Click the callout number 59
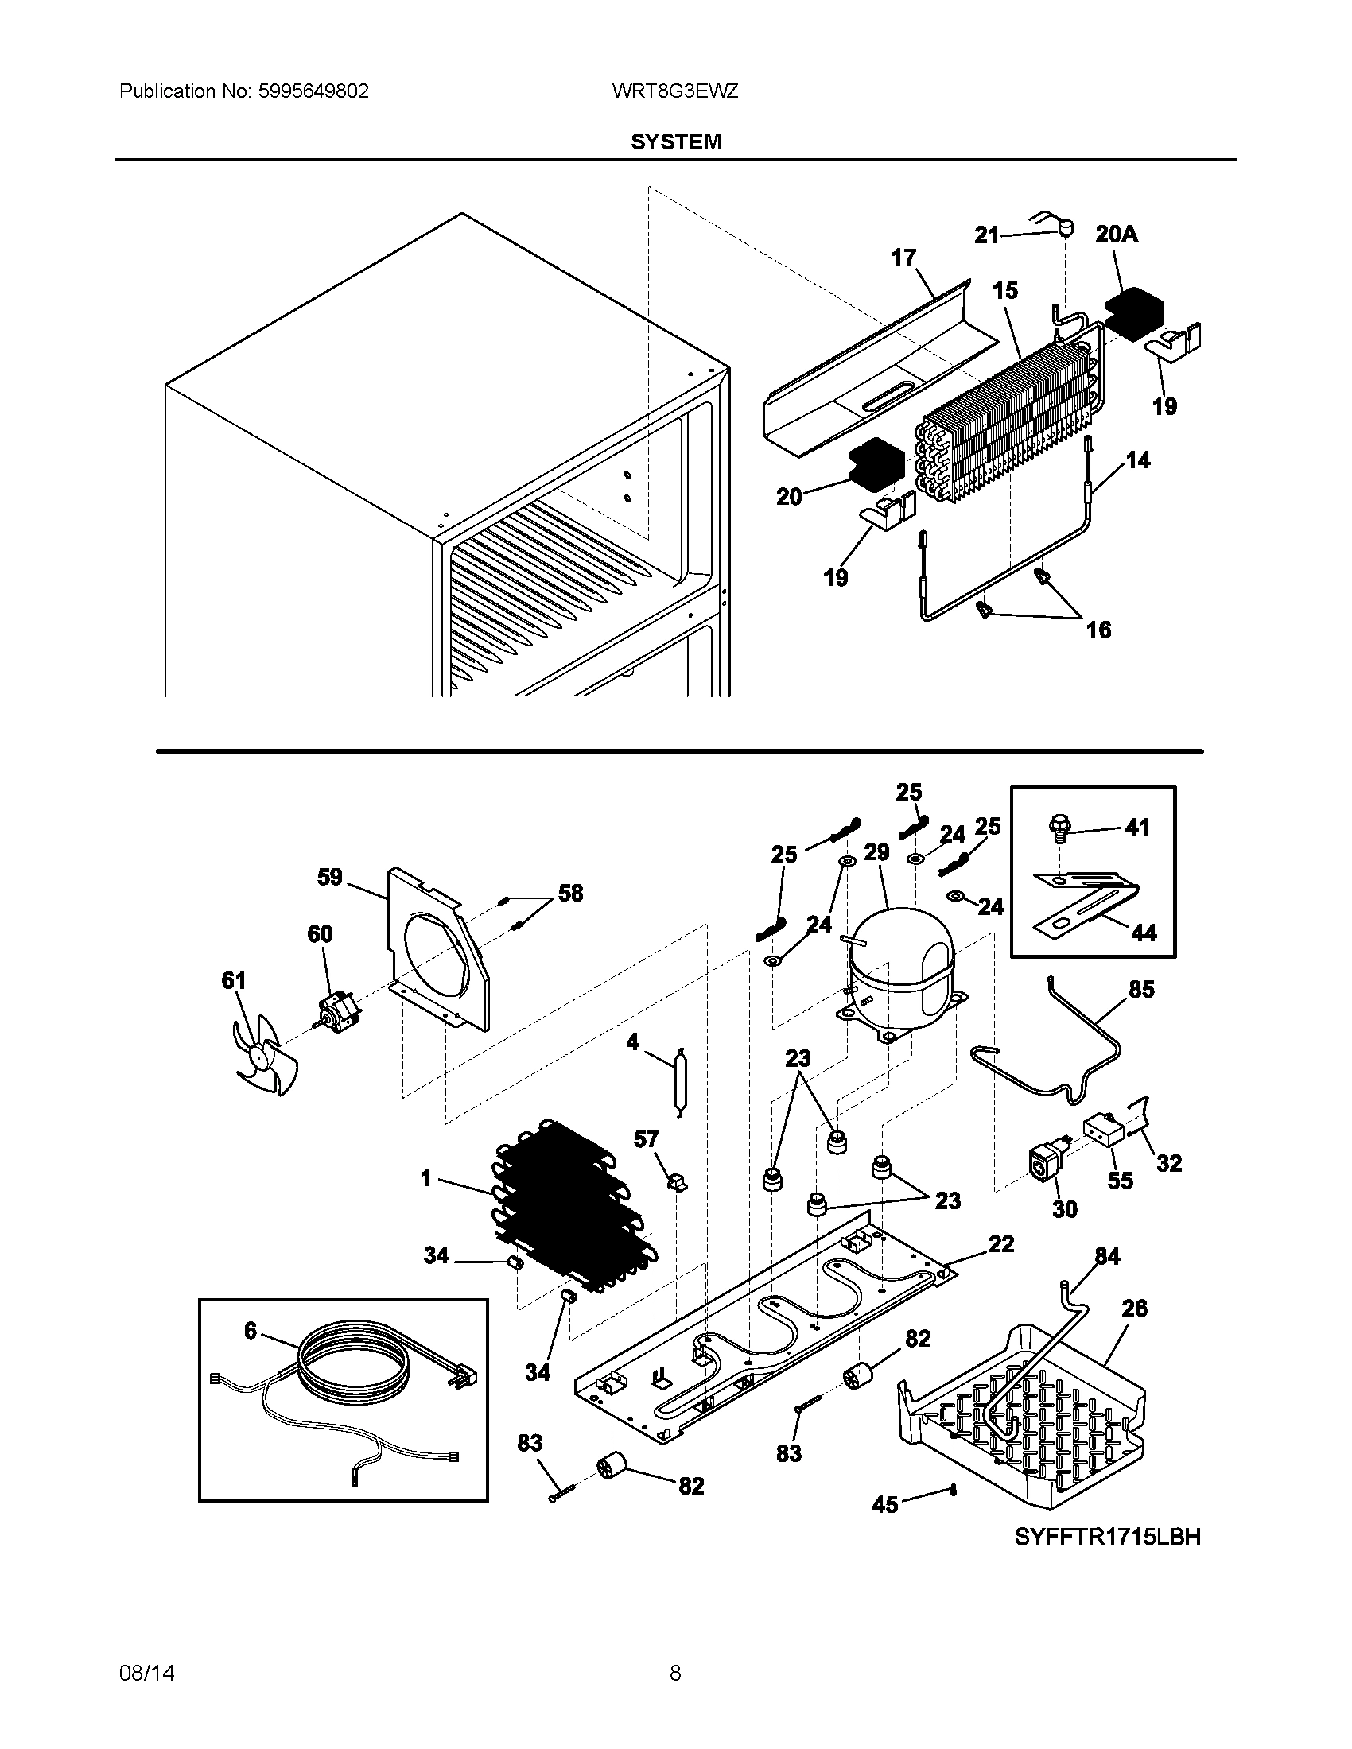pos(330,877)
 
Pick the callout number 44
pos(1144,933)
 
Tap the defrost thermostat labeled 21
pos(1066,230)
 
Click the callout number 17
pos(903,257)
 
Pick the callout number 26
pos(1134,1309)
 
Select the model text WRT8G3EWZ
pos(674,91)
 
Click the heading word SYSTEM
pos(676,142)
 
